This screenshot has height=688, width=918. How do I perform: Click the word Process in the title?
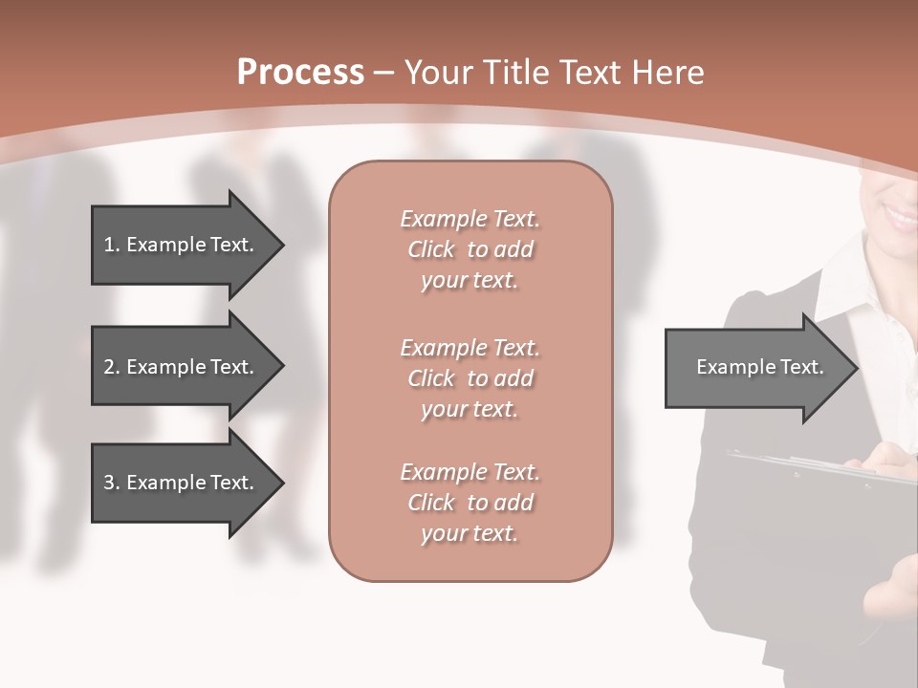coord(300,73)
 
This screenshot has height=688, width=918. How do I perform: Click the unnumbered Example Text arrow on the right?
coord(755,367)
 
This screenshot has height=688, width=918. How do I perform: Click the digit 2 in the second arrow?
coord(108,367)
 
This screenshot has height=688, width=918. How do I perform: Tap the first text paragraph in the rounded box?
coord(470,249)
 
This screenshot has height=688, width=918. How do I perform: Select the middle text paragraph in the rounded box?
coord(470,378)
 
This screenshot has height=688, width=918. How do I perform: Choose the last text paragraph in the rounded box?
coord(470,503)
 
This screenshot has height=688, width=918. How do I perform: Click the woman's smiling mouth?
coord(899,216)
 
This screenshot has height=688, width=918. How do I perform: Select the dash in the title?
coord(383,74)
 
